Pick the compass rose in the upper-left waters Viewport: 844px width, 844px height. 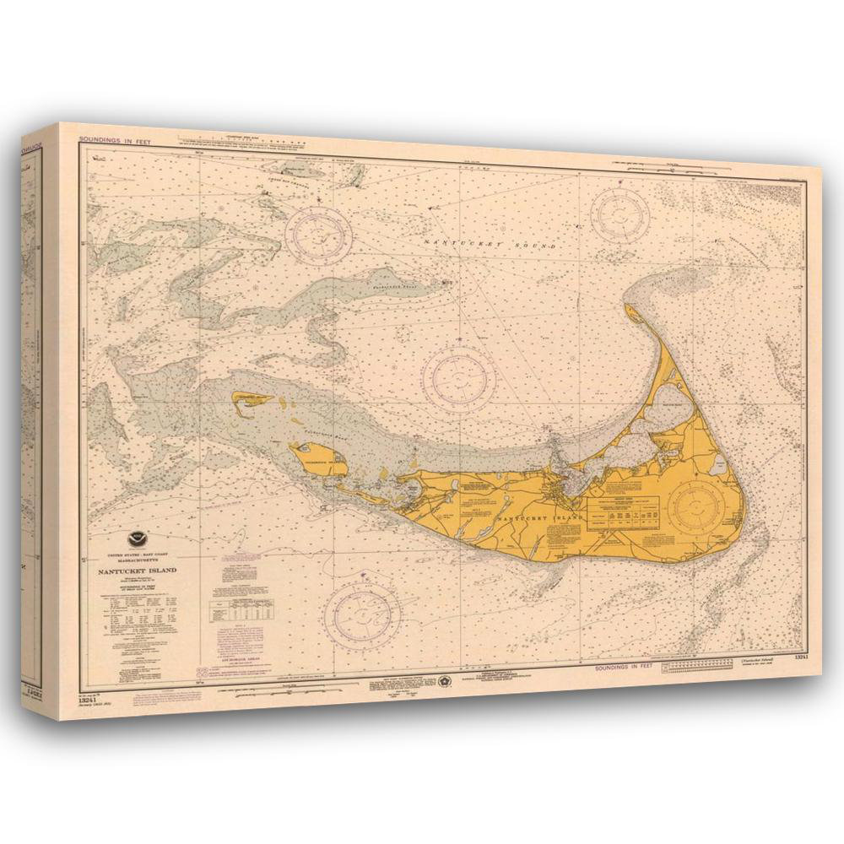318,230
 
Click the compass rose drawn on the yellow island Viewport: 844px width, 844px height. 696,506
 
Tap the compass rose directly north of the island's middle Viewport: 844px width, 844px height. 458,376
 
